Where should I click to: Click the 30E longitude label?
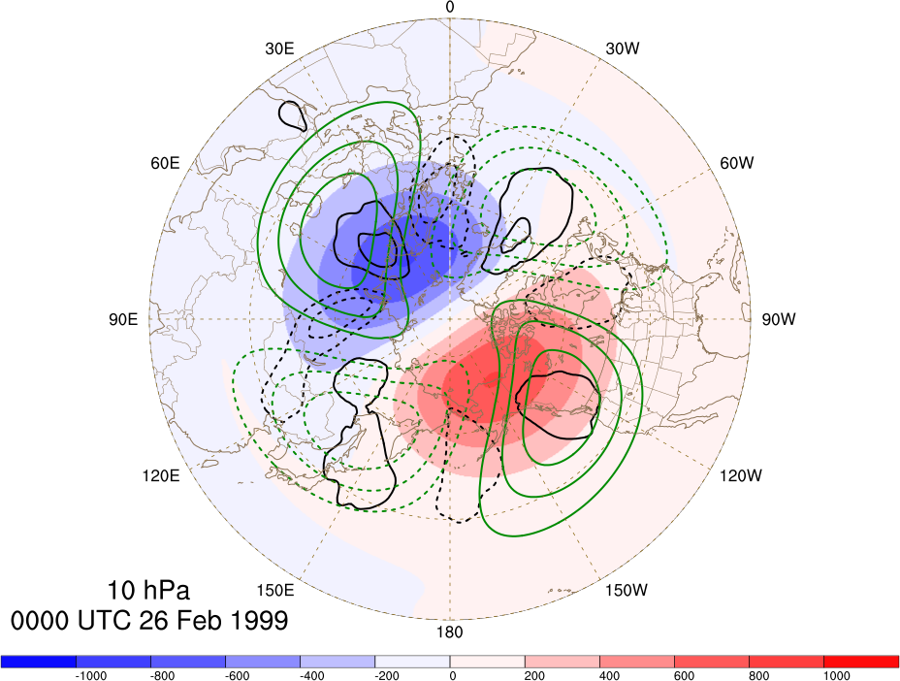point(279,49)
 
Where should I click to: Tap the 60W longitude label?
point(737,163)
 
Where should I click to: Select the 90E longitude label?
point(123,319)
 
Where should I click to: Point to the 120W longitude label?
point(741,475)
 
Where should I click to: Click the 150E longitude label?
point(275,590)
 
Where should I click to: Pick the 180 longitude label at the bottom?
point(449,632)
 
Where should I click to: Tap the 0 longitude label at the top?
point(449,7)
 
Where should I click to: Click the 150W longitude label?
point(627,590)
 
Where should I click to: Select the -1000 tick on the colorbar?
point(91,676)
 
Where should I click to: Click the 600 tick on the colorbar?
point(684,676)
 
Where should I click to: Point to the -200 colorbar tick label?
point(386,676)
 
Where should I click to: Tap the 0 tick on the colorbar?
point(453,676)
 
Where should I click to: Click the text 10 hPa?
point(148,590)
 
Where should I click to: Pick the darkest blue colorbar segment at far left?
point(39,661)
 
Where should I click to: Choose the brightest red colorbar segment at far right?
point(861,661)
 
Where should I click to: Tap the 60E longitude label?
point(165,163)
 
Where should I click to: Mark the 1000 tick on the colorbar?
point(837,676)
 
